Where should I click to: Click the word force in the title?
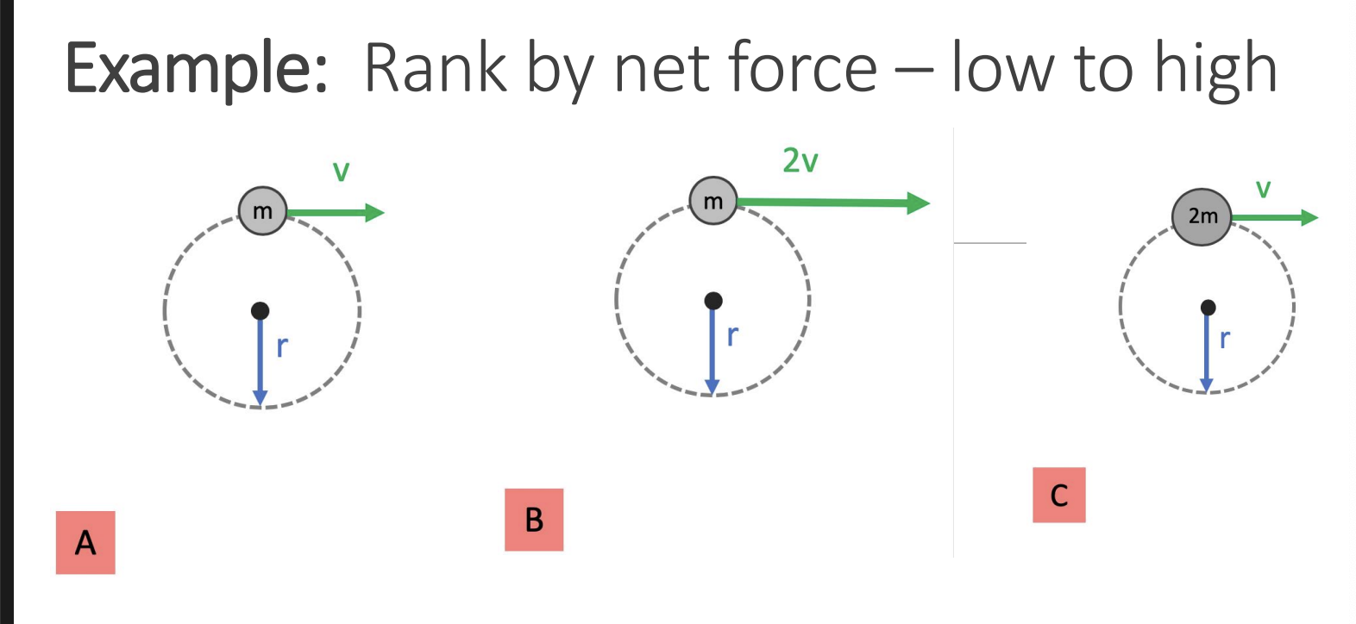[802, 69]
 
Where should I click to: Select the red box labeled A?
[85, 542]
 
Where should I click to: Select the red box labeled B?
[534, 520]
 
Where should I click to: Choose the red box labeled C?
[1058, 496]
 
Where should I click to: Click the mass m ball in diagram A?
[262, 211]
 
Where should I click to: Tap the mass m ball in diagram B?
[713, 201]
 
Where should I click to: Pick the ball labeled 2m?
[1202, 216]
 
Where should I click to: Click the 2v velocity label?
[800, 161]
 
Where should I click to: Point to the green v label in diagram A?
[342, 172]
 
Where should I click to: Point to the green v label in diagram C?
[1263, 189]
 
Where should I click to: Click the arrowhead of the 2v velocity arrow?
[919, 203]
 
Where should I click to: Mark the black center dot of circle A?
[260, 310]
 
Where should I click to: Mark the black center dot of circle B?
[713, 300]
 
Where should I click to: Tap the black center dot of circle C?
[1208, 308]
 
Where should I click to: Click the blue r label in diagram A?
[282, 346]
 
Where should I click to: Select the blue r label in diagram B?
[732, 335]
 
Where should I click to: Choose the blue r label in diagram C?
[1224, 339]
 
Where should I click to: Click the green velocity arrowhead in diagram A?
[375, 212]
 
